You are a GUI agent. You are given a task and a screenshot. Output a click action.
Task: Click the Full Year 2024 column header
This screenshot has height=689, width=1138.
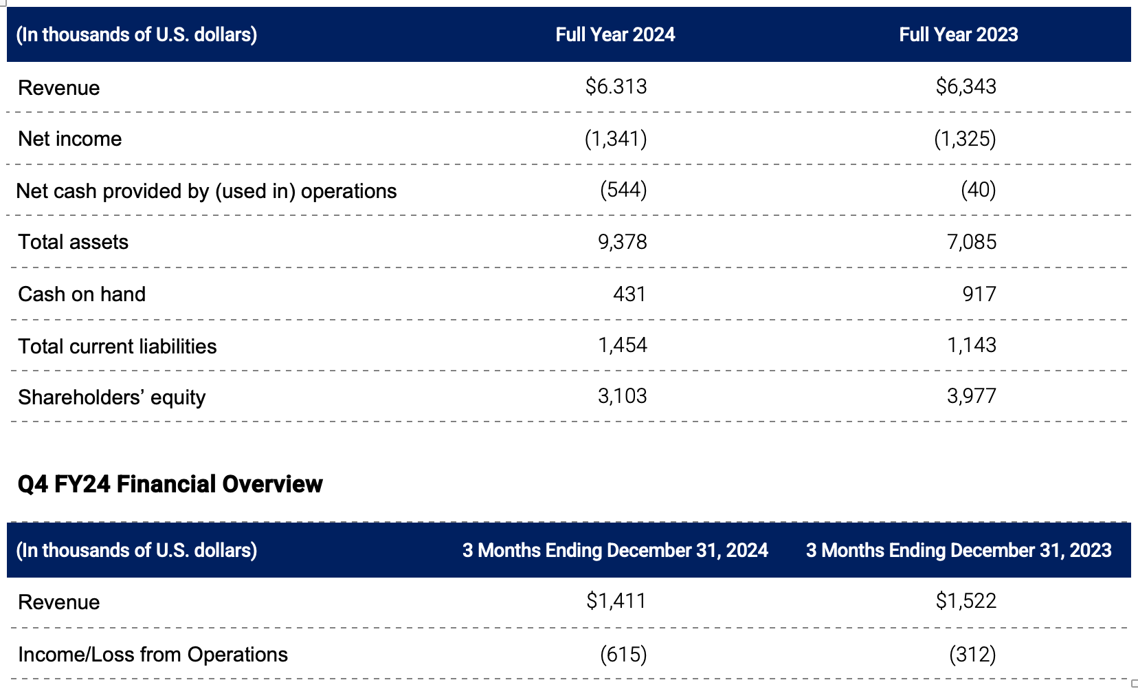coord(615,34)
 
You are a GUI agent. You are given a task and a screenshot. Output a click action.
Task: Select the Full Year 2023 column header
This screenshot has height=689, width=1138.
coord(958,34)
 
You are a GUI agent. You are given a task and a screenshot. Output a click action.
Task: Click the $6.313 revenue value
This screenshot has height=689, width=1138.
coord(616,87)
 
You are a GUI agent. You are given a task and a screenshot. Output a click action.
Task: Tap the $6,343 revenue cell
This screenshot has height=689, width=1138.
coord(966,87)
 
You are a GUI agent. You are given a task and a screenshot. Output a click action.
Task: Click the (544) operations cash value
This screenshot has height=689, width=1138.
coord(623,190)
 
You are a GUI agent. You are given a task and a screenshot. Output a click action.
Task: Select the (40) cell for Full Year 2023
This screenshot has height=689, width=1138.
coord(978,190)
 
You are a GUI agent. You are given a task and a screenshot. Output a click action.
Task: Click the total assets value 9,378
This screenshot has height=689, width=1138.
coord(622,242)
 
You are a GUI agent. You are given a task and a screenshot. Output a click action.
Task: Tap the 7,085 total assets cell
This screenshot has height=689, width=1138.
coord(971,242)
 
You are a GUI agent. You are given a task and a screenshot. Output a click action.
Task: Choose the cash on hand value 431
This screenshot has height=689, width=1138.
coord(629,294)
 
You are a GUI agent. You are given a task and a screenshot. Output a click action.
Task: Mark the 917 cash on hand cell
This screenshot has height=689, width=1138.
coord(979,294)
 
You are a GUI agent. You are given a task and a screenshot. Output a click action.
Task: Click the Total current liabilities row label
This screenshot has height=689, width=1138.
coord(117,346)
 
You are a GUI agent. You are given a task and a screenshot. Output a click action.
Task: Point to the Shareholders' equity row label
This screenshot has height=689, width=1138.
coord(111,397)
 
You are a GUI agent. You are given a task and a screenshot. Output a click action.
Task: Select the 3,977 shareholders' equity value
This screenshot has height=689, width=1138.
coord(971,396)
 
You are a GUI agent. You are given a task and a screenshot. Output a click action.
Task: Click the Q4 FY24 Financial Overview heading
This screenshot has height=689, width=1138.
coord(170,484)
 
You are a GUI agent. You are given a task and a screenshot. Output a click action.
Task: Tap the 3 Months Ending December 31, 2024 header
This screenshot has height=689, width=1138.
coord(615,550)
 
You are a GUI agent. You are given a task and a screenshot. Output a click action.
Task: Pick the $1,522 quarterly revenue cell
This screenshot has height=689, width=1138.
coord(966,601)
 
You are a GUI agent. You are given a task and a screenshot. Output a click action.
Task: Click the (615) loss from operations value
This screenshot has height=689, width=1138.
coord(623,654)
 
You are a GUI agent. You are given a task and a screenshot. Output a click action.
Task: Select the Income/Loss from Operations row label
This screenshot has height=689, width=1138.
coord(153,655)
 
